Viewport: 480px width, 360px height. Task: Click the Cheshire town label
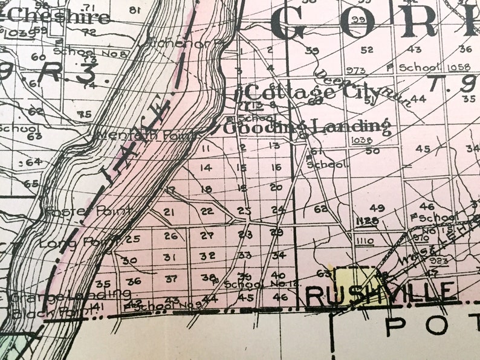tap(60, 16)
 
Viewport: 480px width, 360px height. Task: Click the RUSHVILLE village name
tap(381, 294)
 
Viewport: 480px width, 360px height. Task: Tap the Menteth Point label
tap(146, 135)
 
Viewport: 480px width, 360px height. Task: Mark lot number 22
tap(207, 211)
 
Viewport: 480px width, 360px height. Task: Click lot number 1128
tap(367, 221)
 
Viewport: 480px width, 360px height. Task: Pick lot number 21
tap(169, 211)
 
